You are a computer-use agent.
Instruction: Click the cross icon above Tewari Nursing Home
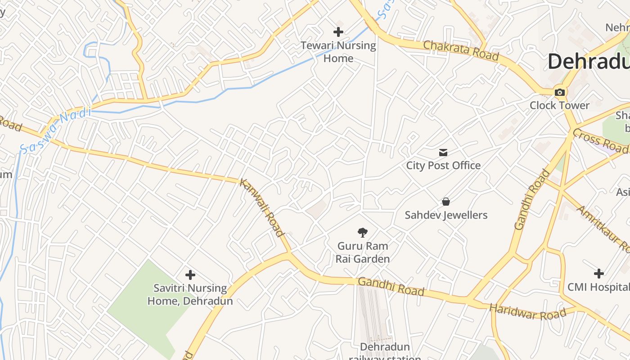click(338, 32)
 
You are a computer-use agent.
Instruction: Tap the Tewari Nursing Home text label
click(338, 52)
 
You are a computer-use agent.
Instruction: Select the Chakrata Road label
click(461, 50)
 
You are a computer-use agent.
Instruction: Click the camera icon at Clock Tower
click(560, 93)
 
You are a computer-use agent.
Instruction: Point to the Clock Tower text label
click(559, 105)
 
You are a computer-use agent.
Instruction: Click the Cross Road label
click(600, 140)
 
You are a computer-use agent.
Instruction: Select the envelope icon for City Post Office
click(444, 153)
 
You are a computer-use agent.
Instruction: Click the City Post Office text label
click(443, 166)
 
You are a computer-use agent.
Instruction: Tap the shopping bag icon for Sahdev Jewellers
click(446, 202)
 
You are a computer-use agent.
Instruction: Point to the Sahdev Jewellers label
click(446, 215)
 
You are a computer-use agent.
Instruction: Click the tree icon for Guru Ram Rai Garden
click(362, 233)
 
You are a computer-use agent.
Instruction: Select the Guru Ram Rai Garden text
click(363, 252)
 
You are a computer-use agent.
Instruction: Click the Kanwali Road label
click(262, 207)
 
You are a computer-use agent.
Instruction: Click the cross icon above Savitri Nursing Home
click(190, 274)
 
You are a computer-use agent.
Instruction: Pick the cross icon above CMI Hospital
click(598, 274)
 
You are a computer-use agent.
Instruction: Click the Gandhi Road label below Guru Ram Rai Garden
click(391, 287)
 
